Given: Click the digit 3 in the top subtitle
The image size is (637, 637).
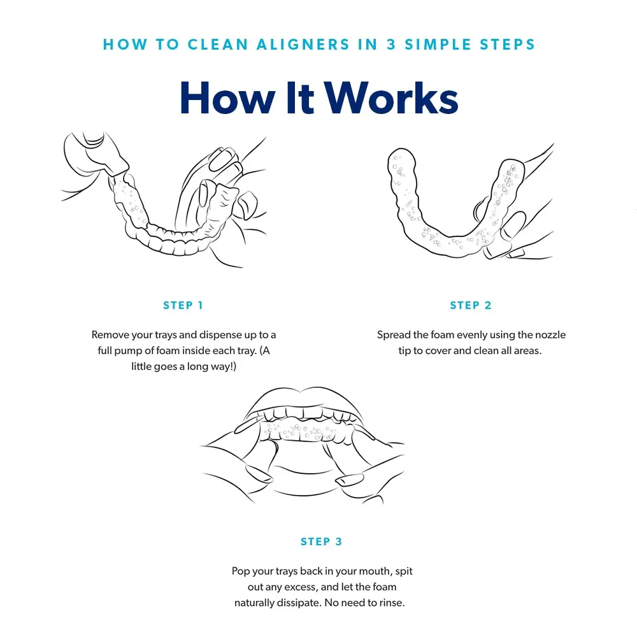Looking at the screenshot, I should (x=387, y=45).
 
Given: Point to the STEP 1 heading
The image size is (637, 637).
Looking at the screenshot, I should (x=183, y=305).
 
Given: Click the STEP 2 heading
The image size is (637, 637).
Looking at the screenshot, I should (x=471, y=305).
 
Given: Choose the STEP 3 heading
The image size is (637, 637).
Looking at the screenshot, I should (x=322, y=541).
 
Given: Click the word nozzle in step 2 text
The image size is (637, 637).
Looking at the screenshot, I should (x=549, y=335).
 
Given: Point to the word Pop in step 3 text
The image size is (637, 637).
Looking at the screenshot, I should (x=241, y=571).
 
